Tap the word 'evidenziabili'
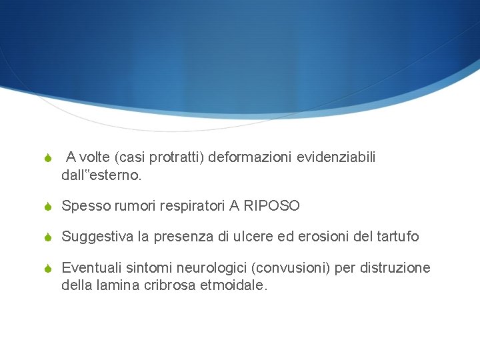336,157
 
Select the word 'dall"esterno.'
101,176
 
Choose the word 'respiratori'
192,207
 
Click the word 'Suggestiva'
95,237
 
